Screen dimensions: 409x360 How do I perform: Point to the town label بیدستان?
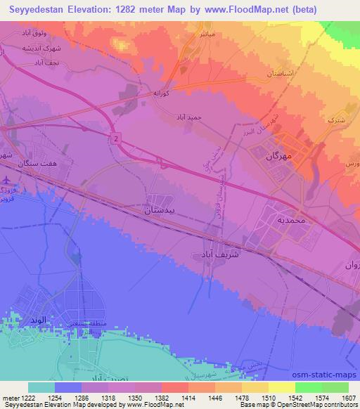(168, 209)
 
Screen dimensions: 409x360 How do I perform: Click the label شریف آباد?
(216, 254)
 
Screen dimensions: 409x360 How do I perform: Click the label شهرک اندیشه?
(34, 48)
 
